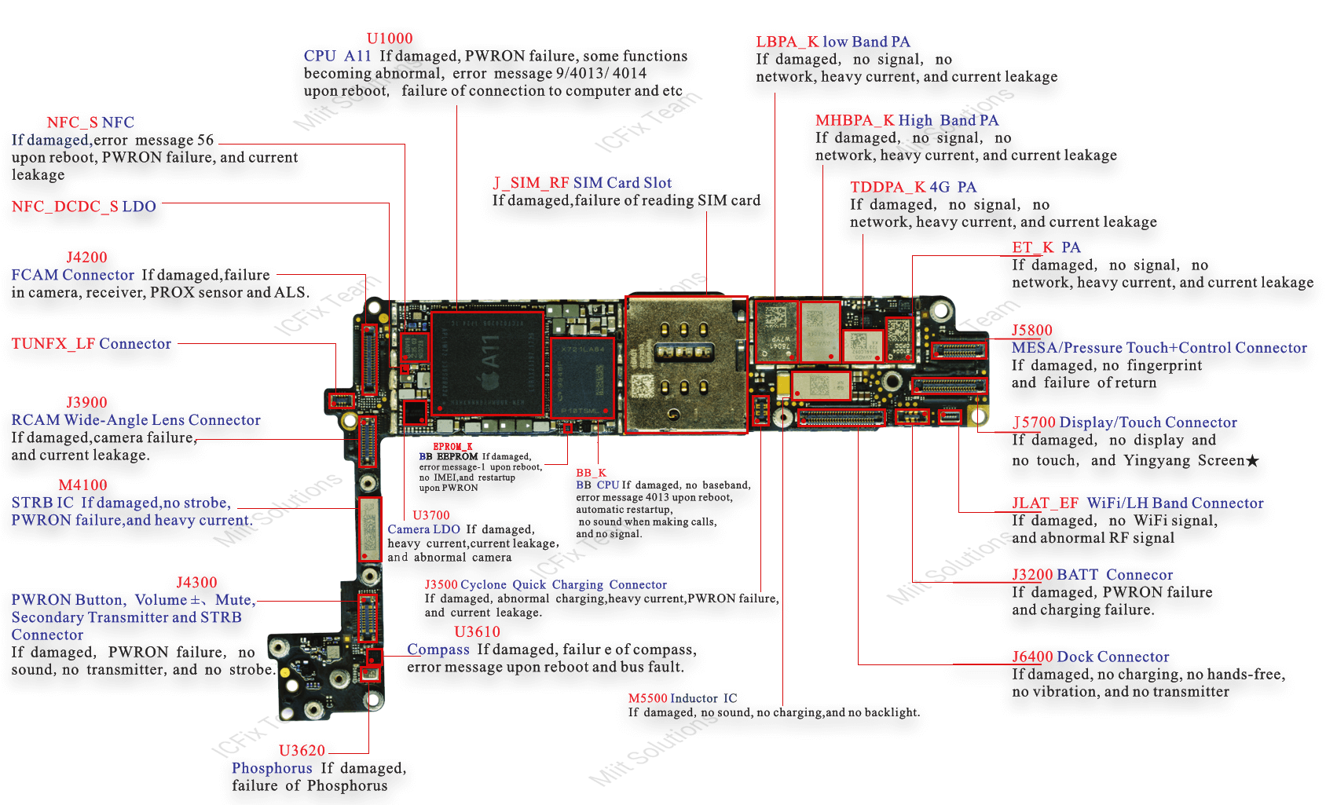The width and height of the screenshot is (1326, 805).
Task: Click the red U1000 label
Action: (390, 38)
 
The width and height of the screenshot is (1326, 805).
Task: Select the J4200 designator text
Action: (86, 258)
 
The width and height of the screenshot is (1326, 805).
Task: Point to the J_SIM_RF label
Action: (531, 183)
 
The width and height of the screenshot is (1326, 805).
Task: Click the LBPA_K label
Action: (787, 42)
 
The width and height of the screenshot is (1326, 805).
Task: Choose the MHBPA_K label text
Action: (855, 120)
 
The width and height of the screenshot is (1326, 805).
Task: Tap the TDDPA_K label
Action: (888, 187)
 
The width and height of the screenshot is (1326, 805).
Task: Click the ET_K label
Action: (1032, 247)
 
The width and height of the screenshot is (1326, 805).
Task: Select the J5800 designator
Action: (1031, 331)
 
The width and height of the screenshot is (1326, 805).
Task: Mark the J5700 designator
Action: (1034, 423)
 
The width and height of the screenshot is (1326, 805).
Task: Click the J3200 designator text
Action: (1032, 575)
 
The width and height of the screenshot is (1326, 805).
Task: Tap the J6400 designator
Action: (1032, 657)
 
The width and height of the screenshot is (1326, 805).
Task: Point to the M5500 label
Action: (647, 698)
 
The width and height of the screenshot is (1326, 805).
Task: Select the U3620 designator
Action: (302, 751)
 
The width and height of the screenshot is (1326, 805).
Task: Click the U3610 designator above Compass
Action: (477, 632)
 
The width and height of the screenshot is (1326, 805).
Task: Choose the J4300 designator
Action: (196, 583)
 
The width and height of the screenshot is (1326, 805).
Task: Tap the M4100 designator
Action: (82, 485)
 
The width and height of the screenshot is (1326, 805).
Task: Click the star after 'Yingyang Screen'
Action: (1252, 461)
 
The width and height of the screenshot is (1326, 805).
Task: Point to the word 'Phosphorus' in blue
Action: (272, 768)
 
